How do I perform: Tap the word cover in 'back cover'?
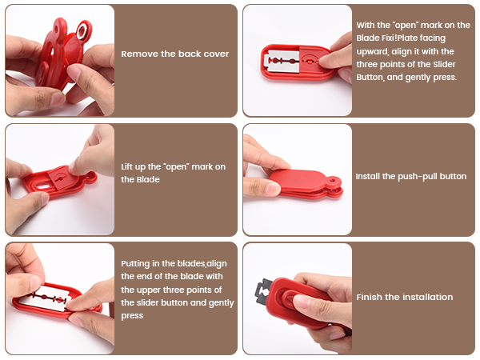click(216, 54)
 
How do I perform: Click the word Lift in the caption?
click(127, 166)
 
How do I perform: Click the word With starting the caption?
click(366, 25)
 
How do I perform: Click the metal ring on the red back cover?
click(82, 31)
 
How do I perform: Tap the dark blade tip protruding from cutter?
click(263, 291)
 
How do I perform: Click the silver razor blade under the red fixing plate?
click(284, 62)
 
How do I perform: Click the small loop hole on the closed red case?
click(334, 181)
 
